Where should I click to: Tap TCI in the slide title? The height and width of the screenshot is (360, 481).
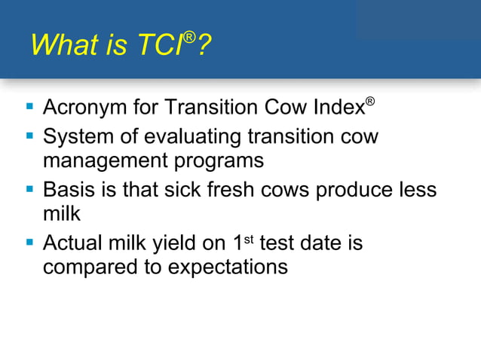pos(159,46)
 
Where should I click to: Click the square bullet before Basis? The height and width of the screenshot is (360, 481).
pos(30,189)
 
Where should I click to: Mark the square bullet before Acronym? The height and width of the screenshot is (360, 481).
pos(30,107)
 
